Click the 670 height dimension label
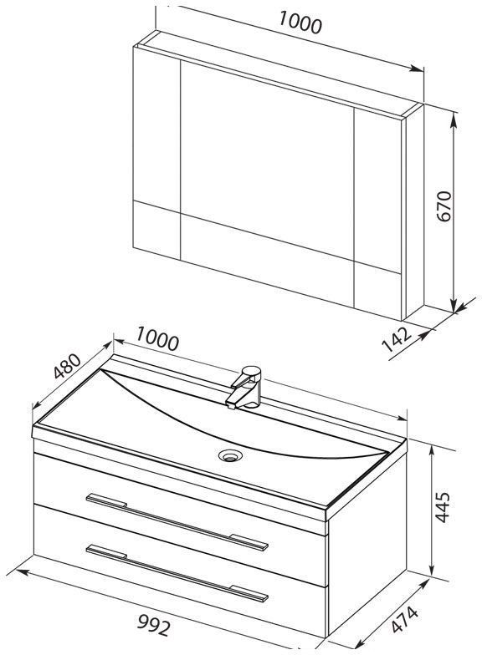point(444,206)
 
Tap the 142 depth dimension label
point(397,339)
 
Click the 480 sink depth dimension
point(67,366)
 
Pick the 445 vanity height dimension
point(442,506)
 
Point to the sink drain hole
point(230,454)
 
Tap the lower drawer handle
point(177,573)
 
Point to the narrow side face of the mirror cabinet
point(414,212)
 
